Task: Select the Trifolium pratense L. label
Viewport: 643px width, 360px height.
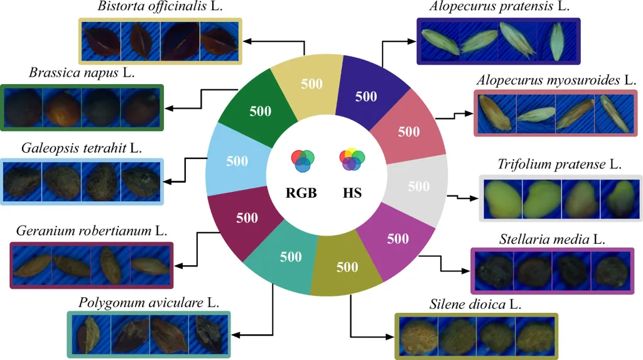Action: click(x=559, y=165)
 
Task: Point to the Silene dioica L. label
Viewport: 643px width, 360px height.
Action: click(x=476, y=304)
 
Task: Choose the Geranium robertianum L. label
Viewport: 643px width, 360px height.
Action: click(x=90, y=230)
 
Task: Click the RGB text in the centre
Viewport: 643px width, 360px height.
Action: click(x=301, y=193)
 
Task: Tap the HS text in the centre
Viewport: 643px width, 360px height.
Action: click(x=352, y=193)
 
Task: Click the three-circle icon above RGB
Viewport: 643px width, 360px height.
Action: click(x=302, y=161)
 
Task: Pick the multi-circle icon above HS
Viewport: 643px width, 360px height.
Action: click(x=352, y=160)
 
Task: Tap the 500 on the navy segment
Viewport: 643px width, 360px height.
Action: click(x=366, y=97)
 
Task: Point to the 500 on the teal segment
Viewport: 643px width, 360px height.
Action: click(x=291, y=256)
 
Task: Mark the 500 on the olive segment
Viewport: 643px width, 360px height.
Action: click(x=347, y=267)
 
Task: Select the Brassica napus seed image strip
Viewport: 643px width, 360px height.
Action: click(x=82, y=107)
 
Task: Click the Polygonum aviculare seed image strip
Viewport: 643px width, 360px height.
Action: click(x=149, y=335)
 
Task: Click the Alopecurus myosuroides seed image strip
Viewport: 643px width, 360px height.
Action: click(x=554, y=114)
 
